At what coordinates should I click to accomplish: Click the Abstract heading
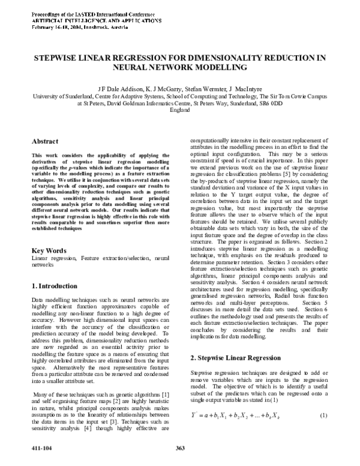pos(46,141)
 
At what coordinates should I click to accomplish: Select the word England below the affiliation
pos(180,109)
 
